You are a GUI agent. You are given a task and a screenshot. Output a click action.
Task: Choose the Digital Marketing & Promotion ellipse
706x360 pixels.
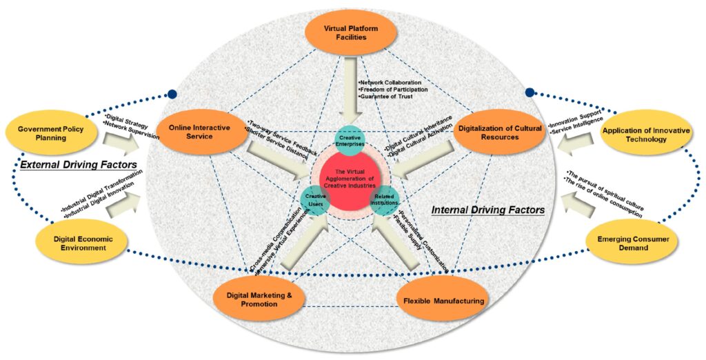click(x=255, y=300)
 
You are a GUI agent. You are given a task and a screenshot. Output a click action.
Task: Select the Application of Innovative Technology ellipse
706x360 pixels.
click(x=643, y=135)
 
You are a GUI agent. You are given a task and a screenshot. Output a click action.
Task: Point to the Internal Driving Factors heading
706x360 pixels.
click(x=487, y=210)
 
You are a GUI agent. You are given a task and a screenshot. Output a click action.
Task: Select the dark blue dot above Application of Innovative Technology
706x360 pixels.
click(x=529, y=92)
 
